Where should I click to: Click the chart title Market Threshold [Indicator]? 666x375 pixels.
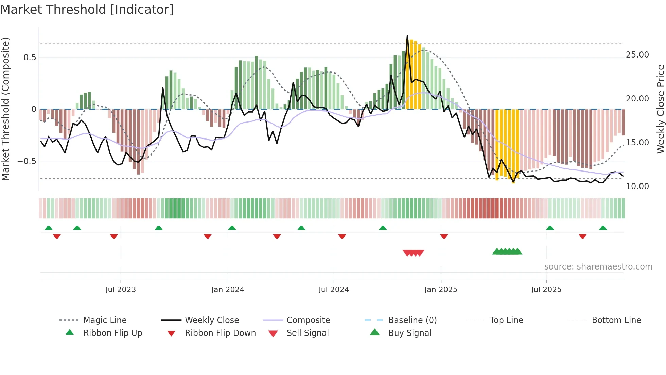click(x=87, y=10)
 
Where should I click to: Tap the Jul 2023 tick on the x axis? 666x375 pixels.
click(x=120, y=290)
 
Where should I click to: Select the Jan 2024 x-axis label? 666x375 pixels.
click(x=228, y=290)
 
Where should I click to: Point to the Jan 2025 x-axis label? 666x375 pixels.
click(x=441, y=290)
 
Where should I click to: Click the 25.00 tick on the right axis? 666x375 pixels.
click(x=637, y=55)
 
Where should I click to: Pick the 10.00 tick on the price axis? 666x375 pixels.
click(x=637, y=186)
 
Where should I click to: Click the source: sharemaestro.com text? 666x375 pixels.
click(x=598, y=267)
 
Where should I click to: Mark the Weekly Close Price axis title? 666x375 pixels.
click(x=660, y=109)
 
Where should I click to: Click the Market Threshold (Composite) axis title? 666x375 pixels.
click(x=5, y=109)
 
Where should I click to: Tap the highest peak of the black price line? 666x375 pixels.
click(x=407, y=36)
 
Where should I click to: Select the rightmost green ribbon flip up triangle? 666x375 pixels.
click(x=603, y=228)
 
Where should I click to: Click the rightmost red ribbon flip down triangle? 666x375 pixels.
click(x=582, y=236)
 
